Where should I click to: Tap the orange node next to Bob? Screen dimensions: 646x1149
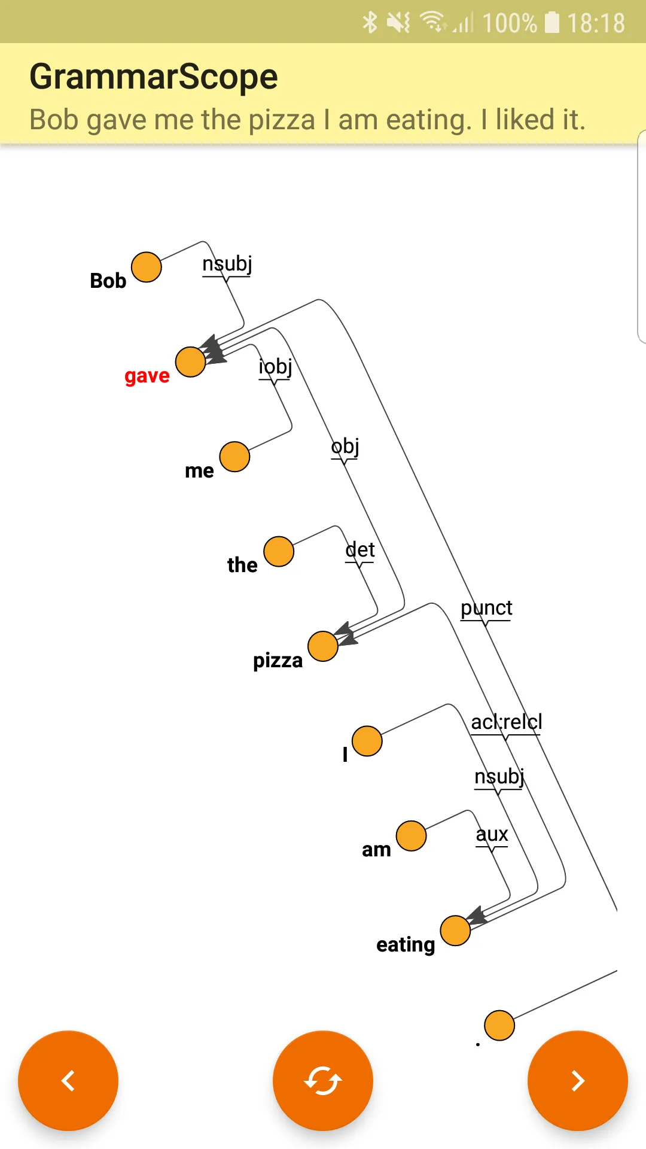(147, 267)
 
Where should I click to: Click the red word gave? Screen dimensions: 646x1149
(147, 376)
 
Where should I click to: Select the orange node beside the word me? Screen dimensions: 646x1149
(234, 457)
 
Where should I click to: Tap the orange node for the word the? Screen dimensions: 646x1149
(279, 551)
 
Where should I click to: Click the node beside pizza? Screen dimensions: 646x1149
(323, 646)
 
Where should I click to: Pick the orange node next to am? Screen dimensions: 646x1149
(412, 835)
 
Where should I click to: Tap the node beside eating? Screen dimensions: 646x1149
(455, 931)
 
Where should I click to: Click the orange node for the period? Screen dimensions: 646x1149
(499, 1026)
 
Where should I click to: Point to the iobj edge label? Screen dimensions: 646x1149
(275, 367)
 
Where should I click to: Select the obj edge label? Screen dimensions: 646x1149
(345, 446)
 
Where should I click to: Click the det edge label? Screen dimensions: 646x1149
(360, 549)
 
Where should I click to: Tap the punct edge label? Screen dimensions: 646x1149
(486, 609)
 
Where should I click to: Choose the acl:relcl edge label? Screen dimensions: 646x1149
(507, 722)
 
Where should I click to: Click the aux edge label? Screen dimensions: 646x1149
(492, 834)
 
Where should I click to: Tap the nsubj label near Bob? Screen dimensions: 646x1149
(227, 264)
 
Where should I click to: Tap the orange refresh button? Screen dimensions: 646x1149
(323, 1081)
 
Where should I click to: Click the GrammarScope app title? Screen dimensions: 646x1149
(154, 77)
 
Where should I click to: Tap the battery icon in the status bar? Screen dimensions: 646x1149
(552, 23)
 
